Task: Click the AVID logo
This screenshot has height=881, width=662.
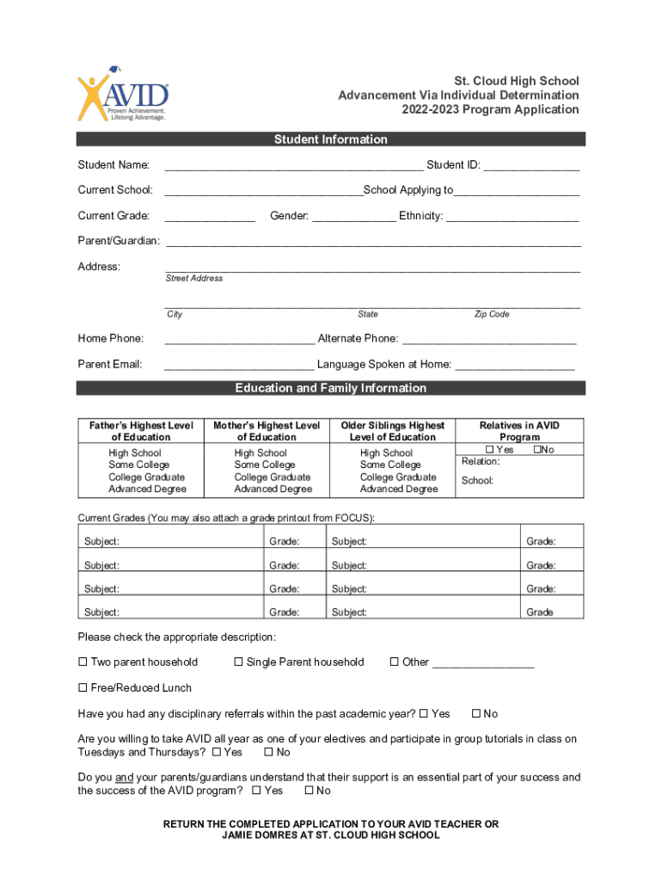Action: point(122,95)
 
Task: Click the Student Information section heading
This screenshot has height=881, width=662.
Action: point(330,139)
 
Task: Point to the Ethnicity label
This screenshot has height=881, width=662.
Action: point(420,216)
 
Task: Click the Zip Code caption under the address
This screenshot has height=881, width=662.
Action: point(492,315)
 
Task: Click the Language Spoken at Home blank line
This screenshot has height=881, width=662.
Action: point(514,366)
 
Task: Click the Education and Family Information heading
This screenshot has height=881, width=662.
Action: point(330,388)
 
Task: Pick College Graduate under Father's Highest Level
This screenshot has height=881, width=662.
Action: point(146,477)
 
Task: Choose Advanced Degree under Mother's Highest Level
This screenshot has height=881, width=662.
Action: point(273,490)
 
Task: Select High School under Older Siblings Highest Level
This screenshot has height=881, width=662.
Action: point(386,453)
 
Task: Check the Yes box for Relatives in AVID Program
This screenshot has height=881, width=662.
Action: point(490,450)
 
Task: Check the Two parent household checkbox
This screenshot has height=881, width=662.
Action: point(83,662)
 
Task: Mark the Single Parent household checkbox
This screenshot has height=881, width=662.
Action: point(239,662)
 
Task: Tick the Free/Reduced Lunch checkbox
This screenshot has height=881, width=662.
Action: point(83,688)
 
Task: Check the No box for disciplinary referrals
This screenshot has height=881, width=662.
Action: point(476,714)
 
